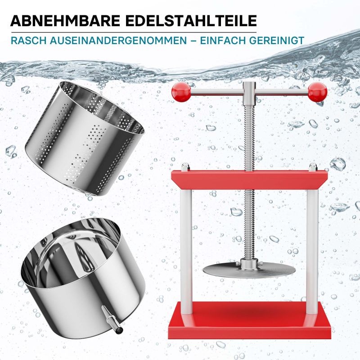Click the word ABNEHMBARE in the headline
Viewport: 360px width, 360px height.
pos(65,21)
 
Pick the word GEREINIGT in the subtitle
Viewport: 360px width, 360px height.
pos(277,40)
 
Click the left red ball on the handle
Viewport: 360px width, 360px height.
pos(181,92)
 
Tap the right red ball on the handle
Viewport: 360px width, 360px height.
pos(318,92)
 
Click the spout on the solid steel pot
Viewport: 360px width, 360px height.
pos(112,319)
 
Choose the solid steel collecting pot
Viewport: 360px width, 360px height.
pos(83,278)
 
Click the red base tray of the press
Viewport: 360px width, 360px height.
pos(249,320)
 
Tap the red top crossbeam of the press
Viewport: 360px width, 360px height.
pos(249,179)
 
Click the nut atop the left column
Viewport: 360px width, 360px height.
pos(185,166)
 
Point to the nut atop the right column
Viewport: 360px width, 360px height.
pos(313,166)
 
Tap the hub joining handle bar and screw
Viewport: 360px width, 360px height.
pos(249,94)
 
